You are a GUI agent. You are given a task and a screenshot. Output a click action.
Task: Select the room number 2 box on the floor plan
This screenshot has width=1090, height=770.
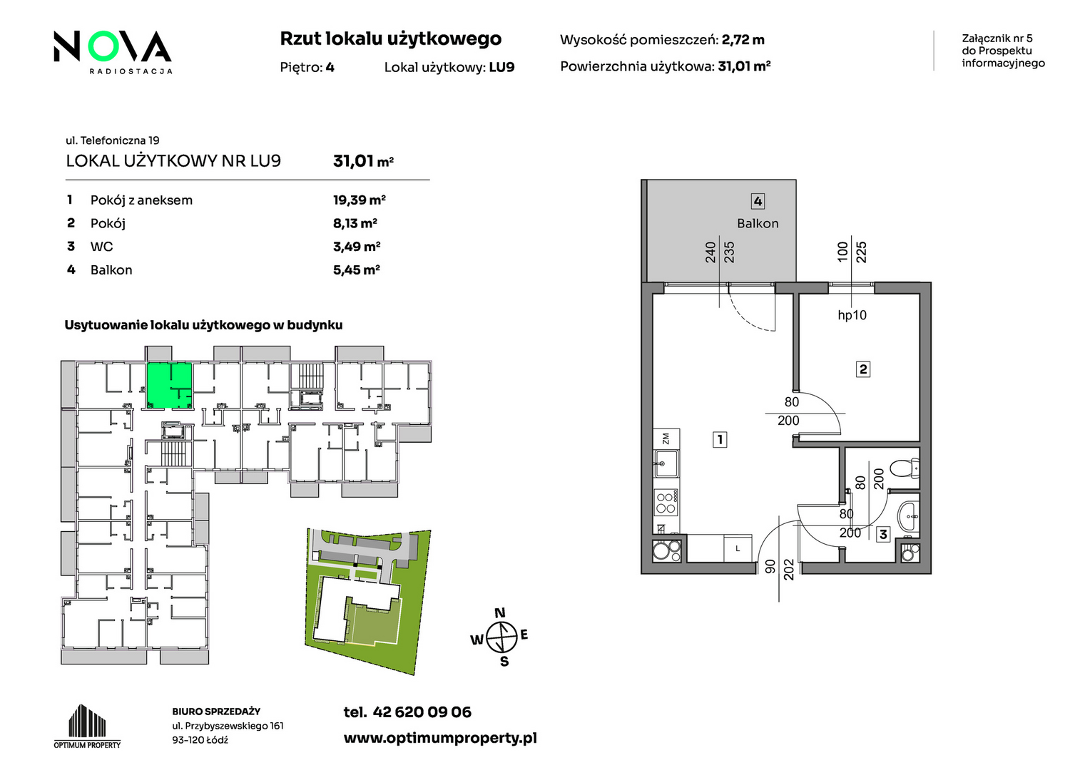pyautogui.click(x=862, y=369)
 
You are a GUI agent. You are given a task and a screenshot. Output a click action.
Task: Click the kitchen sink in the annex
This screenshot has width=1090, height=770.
pyautogui.click(x=666, y=463)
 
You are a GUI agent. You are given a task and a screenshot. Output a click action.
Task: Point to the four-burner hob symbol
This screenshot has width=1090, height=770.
pyautogui.click(x=666, y=503)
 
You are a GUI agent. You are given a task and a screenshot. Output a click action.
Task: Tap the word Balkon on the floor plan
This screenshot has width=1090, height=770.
pyautogui.click(x=757, y=223)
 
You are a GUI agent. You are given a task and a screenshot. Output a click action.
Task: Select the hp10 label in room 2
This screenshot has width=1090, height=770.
pyautogui.click(x=852, y=315)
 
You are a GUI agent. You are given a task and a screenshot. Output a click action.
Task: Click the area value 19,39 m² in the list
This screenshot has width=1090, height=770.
pyautogui.click(x=359, y=200)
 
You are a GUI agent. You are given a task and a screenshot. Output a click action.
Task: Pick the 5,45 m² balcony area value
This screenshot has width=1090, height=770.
pyautogui.click(x=356, y=269)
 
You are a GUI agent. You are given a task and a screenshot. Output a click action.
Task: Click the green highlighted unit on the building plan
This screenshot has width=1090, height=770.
pyautogui.click(x=169, y=385)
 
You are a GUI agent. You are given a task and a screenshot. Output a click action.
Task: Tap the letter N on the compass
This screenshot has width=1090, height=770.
pyautogui.click(x=500, y=612)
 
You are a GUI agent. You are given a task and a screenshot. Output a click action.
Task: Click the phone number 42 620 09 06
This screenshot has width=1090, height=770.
pyautogui.click(x=422, y=712)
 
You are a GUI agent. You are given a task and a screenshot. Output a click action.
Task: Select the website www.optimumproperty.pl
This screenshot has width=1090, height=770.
pyautogui.click(x=440, y=739)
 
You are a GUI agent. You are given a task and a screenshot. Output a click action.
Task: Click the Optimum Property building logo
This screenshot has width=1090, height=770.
pyautogui.click(x=87, y=726)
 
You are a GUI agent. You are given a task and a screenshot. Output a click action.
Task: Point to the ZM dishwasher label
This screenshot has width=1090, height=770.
pyautogui.click(x=666, y=438)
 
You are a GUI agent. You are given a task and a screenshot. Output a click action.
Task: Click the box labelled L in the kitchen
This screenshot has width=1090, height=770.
pyautogui.click(x=738, y=548)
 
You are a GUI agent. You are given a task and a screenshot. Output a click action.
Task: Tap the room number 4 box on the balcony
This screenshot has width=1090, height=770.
pyautogui.click(x=758, y=201)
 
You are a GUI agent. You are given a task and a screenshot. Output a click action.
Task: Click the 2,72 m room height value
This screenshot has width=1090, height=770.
pyautogui.click(x=743, y=39)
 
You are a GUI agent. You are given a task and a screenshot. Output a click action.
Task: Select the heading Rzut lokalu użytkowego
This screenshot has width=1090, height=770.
pyautogui.click(x=390, y=39)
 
